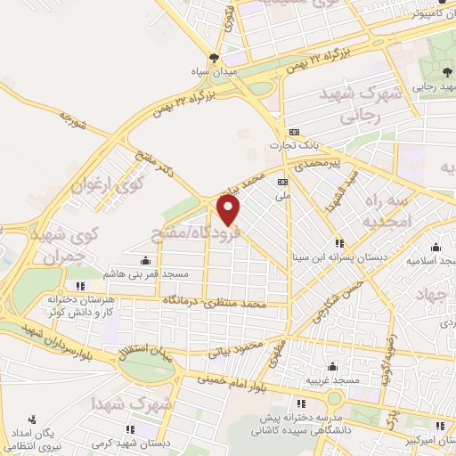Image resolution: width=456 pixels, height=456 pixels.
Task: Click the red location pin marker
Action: click(x=230, y=211)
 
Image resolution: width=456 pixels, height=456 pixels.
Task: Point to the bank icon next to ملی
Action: click(x=283, y=181)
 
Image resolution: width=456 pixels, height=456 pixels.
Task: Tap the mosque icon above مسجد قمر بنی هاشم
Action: click(x=145, y=260)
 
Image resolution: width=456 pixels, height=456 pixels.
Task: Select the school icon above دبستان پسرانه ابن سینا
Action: click(x=338, y=242)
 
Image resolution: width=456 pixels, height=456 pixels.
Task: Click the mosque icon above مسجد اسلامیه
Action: click(x=436, y=248)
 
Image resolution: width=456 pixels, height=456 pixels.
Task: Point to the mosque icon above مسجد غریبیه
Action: click(x=332, y=366)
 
